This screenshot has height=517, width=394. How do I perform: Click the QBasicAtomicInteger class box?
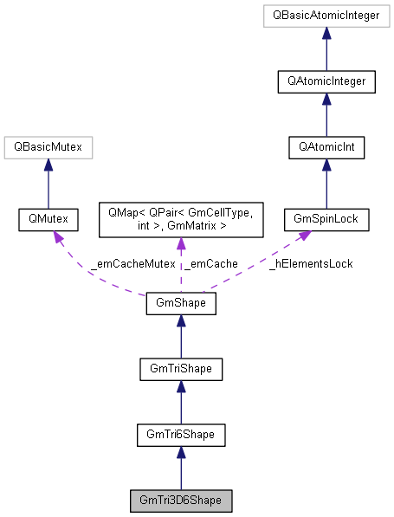(326, 16)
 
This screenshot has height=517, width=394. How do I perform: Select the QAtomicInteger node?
(326, 81)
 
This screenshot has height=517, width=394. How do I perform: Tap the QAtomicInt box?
(326, 147)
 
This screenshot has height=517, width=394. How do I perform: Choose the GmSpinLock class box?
(326, 221)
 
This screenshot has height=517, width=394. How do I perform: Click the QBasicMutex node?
(48, 147)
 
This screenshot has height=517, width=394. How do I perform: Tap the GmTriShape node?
(180, 370)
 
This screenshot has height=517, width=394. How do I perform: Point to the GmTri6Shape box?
(180, 435)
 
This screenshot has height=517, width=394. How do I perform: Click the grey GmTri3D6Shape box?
(180, 501)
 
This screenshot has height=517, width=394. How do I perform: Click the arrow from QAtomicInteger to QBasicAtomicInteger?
(326, 49)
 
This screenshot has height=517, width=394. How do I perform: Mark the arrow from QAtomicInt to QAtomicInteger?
(326, 114)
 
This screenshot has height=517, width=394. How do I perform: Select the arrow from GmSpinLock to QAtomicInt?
(326, 184)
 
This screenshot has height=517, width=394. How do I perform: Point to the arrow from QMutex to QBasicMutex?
(48, 184)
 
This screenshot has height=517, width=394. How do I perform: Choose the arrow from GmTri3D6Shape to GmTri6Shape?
(180, 468)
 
